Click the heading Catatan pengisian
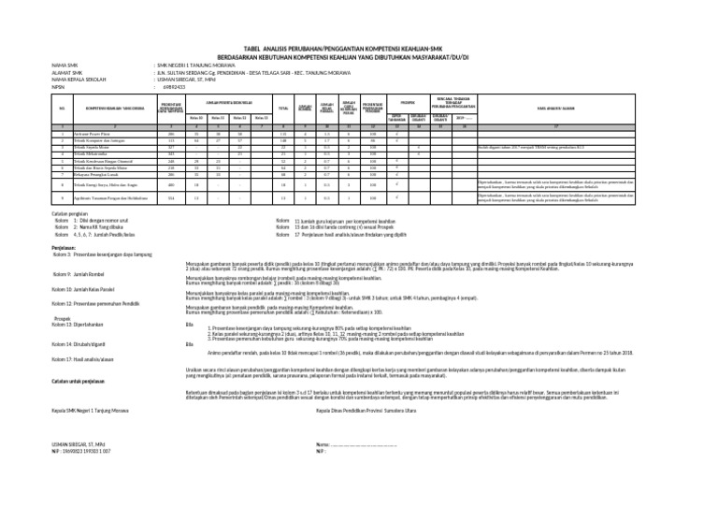coord(74,215)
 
